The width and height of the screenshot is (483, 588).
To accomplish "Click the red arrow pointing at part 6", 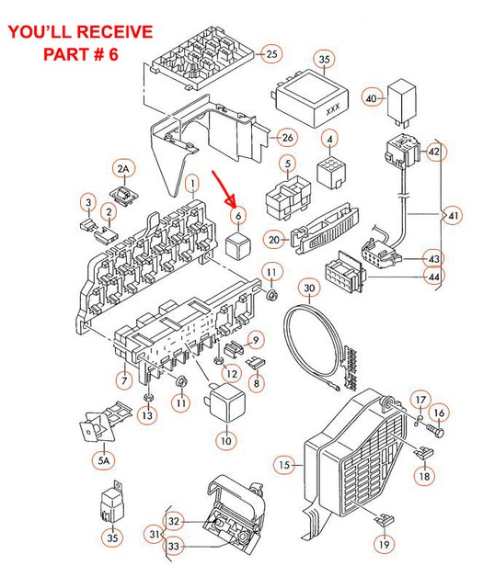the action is coord(224,189).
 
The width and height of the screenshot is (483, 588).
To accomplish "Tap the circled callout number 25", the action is coord(271,53).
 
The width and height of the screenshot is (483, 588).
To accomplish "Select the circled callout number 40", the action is coord(372,98).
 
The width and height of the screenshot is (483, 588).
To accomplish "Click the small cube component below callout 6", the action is coord(237,246).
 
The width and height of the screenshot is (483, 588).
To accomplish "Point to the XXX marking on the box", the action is coord(332,109).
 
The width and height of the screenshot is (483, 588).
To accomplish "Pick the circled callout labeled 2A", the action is coord(123,169).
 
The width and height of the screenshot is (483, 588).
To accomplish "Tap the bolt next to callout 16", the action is coord(435,430).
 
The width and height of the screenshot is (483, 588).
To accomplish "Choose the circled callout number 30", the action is coord(309,288).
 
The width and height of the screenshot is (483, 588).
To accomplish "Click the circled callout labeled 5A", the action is coord(104,460).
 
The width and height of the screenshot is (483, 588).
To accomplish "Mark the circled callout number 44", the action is coord(434,277).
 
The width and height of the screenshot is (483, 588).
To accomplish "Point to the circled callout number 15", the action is coord(284,465).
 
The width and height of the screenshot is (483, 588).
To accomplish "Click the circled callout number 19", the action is coord(384,544).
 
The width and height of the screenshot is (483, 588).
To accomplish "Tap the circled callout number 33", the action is coord(173,547).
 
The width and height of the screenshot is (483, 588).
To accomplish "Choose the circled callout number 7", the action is coord(124,381).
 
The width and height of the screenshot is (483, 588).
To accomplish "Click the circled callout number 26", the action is coord(287,138).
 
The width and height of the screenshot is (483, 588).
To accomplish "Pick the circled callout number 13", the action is coord(147,415).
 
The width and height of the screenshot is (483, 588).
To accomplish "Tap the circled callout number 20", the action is coord(274,239).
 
